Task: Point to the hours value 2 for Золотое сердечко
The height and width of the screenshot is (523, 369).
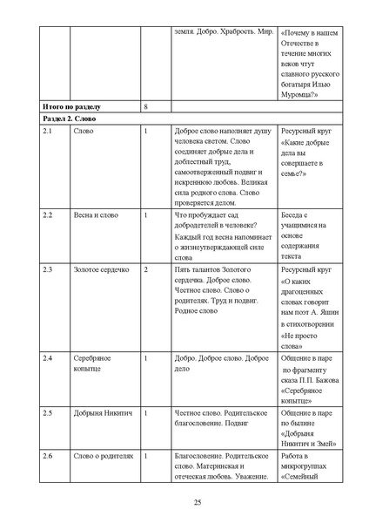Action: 145,271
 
